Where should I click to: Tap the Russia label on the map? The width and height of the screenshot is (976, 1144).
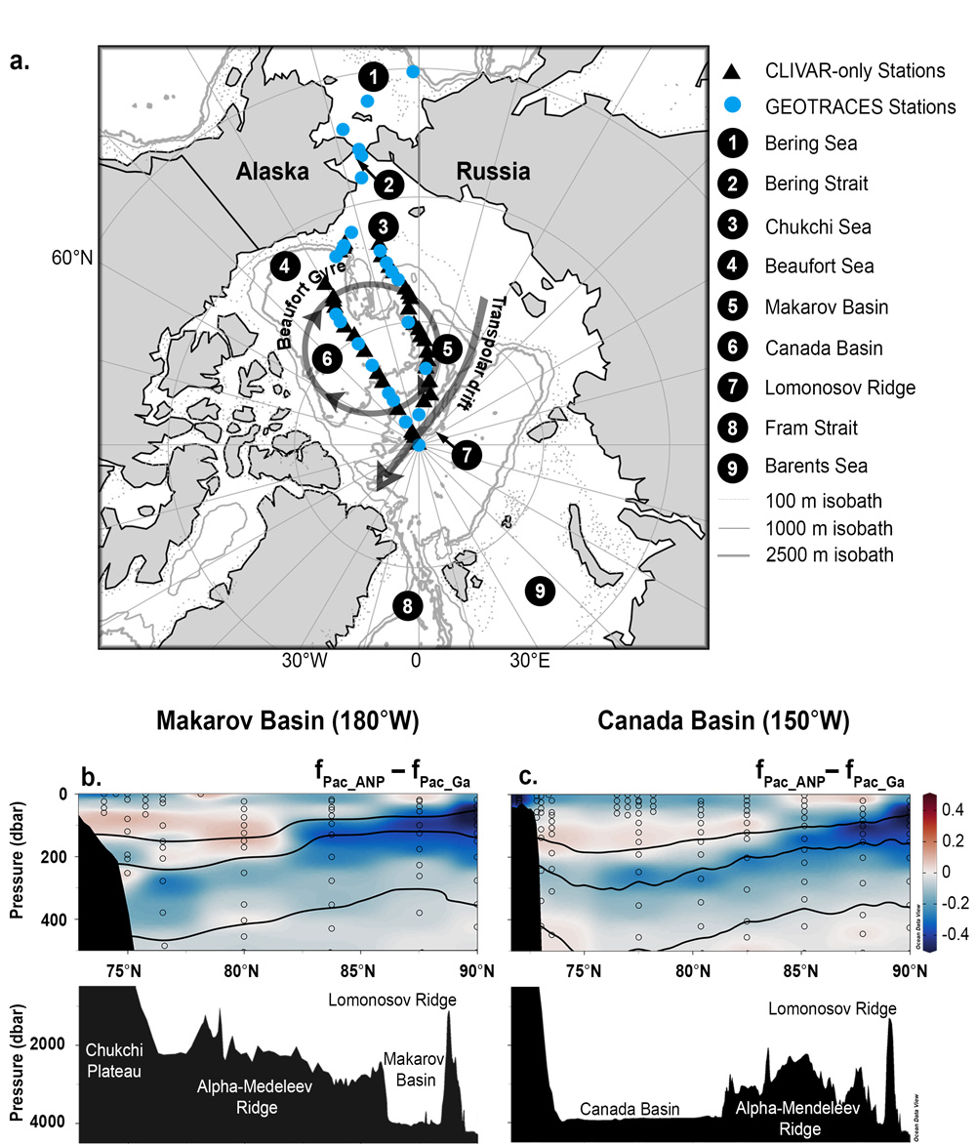coord(493,173)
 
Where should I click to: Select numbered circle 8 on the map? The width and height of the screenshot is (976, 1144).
coord(408,606)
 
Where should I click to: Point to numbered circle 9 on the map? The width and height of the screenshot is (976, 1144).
coord(536,590)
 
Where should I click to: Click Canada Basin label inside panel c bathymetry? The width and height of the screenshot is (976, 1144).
coord(625,1110)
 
